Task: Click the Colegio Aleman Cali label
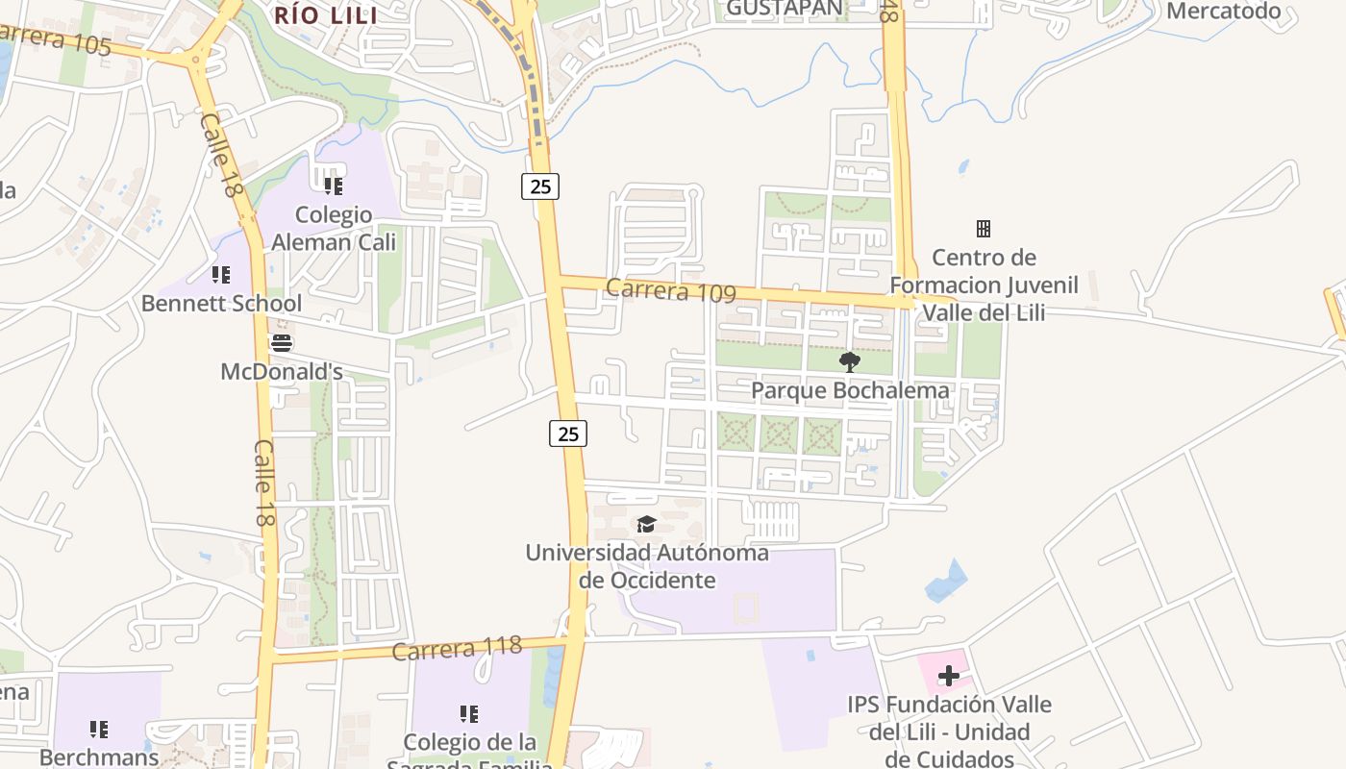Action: pos(334,228)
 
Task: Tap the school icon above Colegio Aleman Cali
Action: pos(333,186)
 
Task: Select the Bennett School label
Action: pos(221,304)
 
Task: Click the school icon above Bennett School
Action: pos(221,276)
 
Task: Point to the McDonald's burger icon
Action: pos(281,343)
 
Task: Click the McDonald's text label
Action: pos(269,371)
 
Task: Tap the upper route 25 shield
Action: pos(540,186)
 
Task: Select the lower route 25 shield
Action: pos(568,434)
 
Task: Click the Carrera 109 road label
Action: pos(671,289)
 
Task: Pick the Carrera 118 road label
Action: pos(457,648)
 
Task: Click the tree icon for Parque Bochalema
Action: pos(849,362)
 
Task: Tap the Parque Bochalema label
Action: pos(850,390)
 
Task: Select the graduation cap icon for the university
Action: pos(646,524)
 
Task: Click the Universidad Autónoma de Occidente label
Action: pos(647,566)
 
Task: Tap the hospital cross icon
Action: pos(949,676)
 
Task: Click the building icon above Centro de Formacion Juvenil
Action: pos(983,229)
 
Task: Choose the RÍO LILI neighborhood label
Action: pos(326,14)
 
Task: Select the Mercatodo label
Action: pos(1224,12)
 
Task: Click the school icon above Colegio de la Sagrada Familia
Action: pos(468,714)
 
